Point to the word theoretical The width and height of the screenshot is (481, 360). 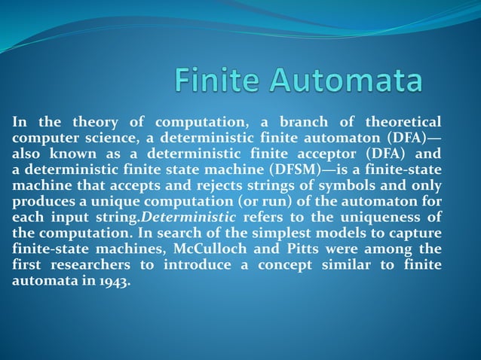point(403,123)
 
